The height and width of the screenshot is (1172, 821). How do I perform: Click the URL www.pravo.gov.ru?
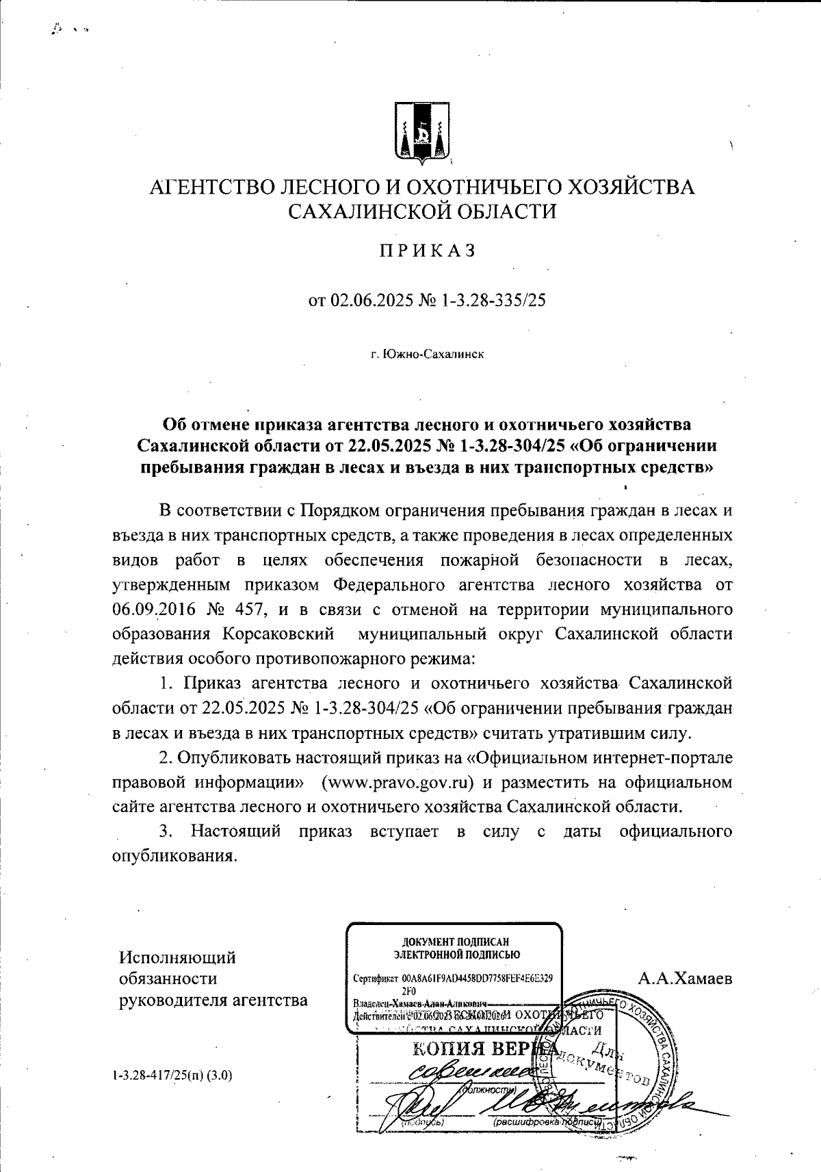[400, 782]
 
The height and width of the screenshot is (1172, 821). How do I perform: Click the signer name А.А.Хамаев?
[685, 979]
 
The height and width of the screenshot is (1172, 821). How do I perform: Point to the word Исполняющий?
[178, 956]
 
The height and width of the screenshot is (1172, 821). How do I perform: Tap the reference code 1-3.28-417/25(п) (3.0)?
[172, 1075]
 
